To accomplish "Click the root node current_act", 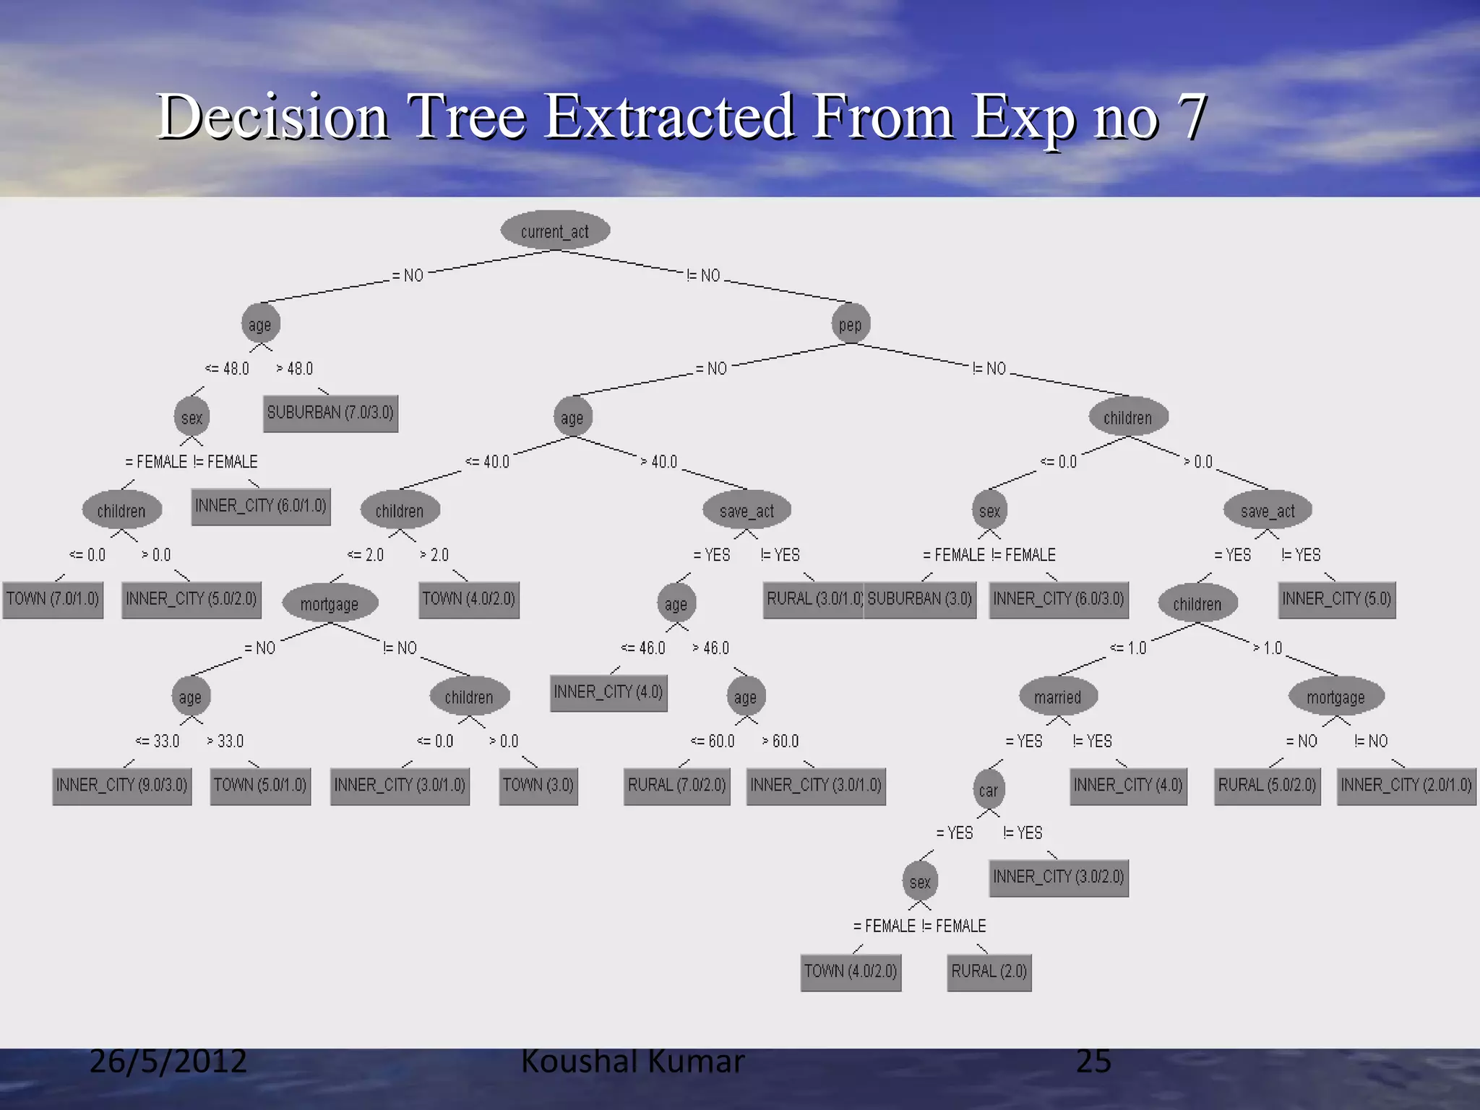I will click(x=555, y=231).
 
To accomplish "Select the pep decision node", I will click(x=851, y=324).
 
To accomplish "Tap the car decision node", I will click(x=989, y=790).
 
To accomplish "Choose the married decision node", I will click(x=1058, y=697).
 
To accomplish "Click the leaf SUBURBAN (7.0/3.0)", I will click(x=330, y=413).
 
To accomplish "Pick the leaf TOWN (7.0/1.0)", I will click(x=53, y=600).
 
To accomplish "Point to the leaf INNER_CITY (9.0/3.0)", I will click(x=122, y=786).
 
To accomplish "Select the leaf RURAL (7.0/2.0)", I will click(x=677, y=786).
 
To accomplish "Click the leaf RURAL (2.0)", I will click(x=989, y=972).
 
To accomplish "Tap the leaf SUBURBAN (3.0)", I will click(x=920, y=600).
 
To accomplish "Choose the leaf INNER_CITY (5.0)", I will click(x=1337, y=600).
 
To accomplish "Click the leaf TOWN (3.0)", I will click(x=538, y=786).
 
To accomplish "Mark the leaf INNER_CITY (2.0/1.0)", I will click(x=1406, y=786).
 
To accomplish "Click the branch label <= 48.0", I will click(x=227, y=369).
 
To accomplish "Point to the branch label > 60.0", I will click(x=780, y=741).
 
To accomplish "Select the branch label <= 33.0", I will click(x=158, y=741).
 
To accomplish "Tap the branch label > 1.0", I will click(x=1268, y=648).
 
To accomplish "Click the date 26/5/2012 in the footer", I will click(x=168, y=1061).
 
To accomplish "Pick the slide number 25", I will click(x=1093, y=1061).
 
